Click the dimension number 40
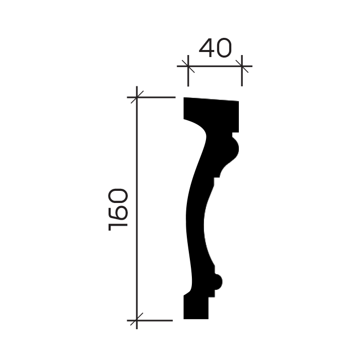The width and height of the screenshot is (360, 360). tap(216, 48)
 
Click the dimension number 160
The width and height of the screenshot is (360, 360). tap(118, 210)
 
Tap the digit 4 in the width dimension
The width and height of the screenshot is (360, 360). tap(207, 48)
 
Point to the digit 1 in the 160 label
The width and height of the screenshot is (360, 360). tap(118, 227)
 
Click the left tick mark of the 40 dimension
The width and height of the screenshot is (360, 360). tap(188, 66)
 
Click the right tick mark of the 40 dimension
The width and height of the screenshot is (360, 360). tap(242, 66)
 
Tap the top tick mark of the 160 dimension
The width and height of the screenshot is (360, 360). tap(137, 97)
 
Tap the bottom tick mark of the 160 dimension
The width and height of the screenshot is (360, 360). tap(137, 320)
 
